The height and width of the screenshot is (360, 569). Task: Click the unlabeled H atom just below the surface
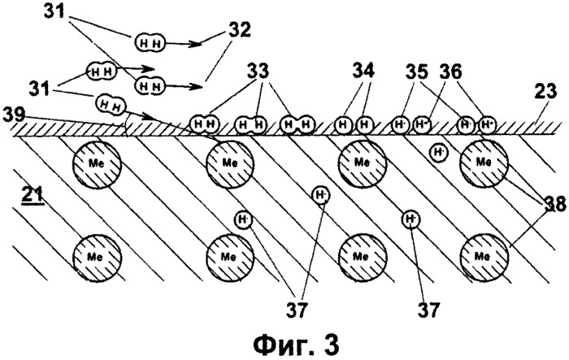439,151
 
